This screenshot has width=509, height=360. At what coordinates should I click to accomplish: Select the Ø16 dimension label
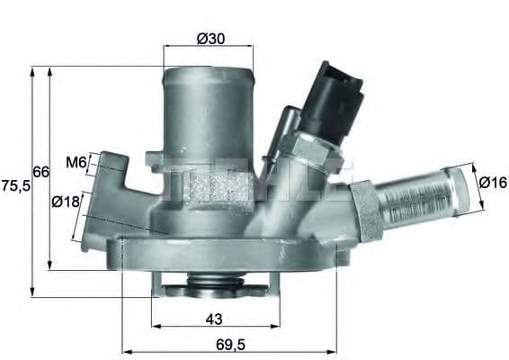pyautogui.click(x=494, y=183)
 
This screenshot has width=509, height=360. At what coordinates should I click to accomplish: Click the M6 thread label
pyautogui.click(x=76, y=163)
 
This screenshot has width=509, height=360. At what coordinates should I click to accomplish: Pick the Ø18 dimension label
pyautogui.click(x=67, y=202)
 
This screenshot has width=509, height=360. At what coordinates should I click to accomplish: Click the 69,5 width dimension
pyautogui.click(x=228, y=344)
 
